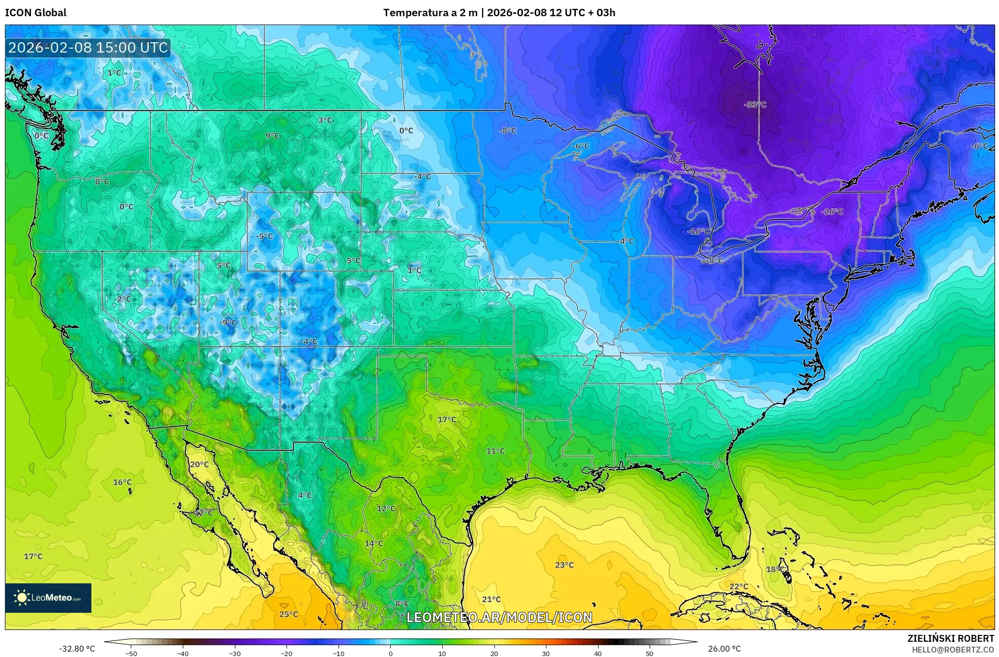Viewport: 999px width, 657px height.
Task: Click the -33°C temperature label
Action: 755,105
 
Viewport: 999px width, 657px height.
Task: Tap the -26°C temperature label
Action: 832,212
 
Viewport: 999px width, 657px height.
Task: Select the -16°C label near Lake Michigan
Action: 698,231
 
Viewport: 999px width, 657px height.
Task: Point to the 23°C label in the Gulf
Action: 564,565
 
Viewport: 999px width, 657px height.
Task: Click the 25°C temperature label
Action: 288,614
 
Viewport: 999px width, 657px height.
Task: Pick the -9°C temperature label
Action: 228,323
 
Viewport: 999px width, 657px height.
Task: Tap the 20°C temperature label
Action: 199,465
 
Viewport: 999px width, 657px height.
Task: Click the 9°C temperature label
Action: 272,136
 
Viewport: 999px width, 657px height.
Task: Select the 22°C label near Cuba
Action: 738,587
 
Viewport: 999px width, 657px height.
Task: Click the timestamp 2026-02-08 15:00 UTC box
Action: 88,48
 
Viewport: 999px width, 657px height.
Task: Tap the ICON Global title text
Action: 35,13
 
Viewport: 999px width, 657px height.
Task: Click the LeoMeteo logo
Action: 48,598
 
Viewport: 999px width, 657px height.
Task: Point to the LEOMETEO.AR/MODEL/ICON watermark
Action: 499,617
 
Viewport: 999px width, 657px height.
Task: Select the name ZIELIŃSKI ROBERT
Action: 950,638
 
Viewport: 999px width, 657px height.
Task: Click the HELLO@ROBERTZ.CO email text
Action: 953,650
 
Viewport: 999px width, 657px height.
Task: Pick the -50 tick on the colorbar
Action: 131,654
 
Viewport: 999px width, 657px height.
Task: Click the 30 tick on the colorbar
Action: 546,654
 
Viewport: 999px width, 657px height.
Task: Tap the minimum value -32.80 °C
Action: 77,649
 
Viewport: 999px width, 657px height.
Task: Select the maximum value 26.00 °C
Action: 724,649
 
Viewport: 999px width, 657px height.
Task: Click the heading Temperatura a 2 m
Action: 430,13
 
